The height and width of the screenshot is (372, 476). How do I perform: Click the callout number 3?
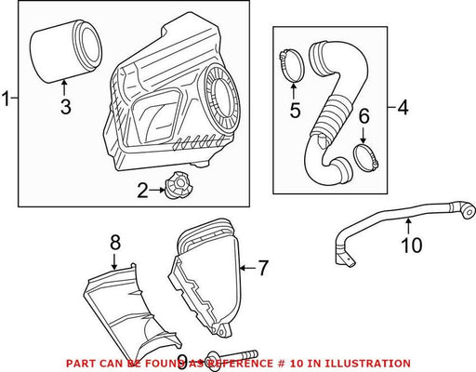pos(66,107)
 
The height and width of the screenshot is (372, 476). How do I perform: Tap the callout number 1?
pos(6,99)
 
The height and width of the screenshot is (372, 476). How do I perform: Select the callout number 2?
pos(143,191)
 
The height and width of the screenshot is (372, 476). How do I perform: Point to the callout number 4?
pos(403,108)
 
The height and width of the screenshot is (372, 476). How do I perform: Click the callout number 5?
pos(296,110)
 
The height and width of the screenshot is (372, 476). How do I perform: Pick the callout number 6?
pos(364,115)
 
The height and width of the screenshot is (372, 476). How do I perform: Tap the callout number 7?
pos(263,268)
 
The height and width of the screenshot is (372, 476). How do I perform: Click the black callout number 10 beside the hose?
pos(412,245)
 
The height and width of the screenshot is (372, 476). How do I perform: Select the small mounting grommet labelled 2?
pos(178,185)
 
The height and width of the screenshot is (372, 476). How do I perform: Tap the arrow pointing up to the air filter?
pos(64,87)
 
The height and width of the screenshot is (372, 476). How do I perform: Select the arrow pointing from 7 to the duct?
pos(248,268)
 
